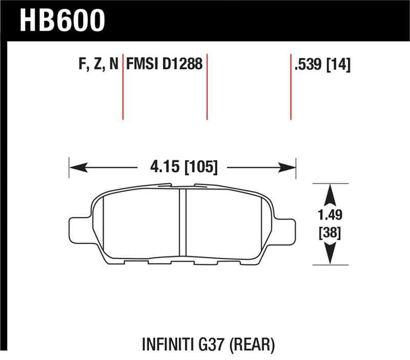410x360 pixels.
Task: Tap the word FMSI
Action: [x=142, y=64]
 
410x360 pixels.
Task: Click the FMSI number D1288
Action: [x=182, y=64]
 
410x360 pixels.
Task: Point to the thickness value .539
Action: [x=309, y=64]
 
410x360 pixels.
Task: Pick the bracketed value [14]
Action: [x=339, y=64]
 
